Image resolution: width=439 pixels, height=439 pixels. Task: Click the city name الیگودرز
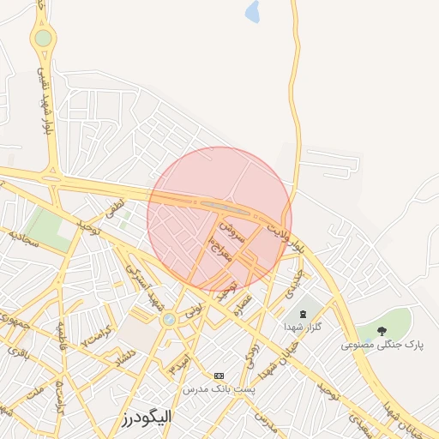click(145, 418)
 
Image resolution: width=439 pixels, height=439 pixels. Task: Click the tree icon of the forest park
click(382, 331)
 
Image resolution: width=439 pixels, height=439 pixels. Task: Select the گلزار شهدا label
click(303, 328)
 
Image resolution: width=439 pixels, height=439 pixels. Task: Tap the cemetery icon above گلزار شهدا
click(304, 314)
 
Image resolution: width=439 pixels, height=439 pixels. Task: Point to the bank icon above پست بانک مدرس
click(219, 376)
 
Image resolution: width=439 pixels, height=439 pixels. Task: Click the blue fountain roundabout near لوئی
click(169, 319)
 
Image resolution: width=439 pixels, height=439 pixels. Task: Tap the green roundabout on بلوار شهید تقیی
click(43, 38)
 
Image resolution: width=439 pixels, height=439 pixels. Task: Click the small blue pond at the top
click(252, 12)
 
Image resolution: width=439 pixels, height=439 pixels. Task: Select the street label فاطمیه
click(61, 337)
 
